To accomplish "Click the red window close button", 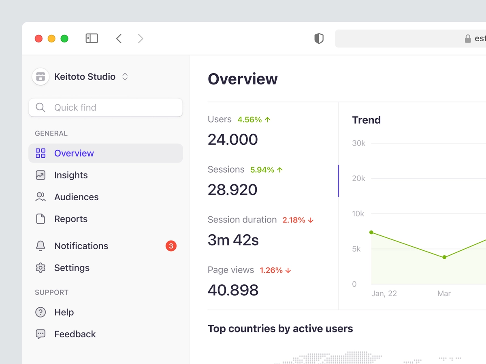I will click(38, 38).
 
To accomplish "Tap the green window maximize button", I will click(64, 38).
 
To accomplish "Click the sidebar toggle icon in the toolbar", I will click(92, 38).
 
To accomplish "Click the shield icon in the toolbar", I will click(319, 38).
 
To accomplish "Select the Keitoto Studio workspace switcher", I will click(80, 76).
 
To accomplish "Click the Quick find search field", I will click(105, 108).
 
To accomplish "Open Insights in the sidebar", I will click(71, 175).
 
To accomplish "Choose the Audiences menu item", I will click(76, 197).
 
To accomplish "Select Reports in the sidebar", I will click(71, 219).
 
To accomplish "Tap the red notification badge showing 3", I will click(171, 246).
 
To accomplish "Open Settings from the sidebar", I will click(72, 268).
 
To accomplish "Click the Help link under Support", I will click(64, 312).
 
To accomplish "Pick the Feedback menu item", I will click(75, 334).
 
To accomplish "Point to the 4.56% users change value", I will click(250, 120).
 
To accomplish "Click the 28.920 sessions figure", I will click(232, 190).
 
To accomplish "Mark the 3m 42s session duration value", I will click(233, 240).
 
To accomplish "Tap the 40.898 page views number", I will click(233, 290).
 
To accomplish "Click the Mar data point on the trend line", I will click(444, 257).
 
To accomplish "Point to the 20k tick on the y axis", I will click(358, 178).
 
